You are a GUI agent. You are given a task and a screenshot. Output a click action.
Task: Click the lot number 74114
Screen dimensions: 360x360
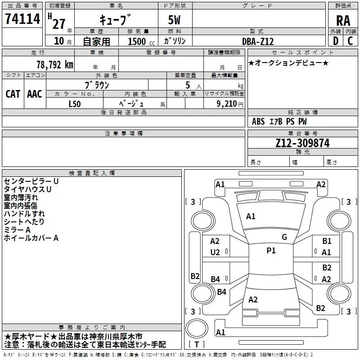pos(22,19)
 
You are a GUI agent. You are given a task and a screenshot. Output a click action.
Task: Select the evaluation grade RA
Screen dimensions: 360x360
pos(343,21)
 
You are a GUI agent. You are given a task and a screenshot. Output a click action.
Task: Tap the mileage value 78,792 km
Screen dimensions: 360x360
pos(55,65)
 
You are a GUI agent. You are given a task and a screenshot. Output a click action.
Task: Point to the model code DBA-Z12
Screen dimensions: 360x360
pos(258,41)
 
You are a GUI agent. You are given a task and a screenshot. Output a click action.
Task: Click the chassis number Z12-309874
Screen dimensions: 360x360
pos(302,143)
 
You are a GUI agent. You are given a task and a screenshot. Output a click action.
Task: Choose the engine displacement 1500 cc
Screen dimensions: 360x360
pos(141,41)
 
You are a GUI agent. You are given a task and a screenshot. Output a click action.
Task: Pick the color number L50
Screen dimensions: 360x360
pos(75,104)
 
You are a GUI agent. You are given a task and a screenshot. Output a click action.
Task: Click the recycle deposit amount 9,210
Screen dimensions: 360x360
pos(227,104)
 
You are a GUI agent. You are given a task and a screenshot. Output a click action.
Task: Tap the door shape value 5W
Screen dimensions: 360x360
pos(174,20)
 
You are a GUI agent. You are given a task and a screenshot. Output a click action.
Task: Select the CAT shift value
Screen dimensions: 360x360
pos(13,94)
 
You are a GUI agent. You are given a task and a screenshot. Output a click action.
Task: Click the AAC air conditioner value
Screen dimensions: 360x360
pos(35,94)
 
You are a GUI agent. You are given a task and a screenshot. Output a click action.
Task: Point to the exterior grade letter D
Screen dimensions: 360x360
pos(336,41)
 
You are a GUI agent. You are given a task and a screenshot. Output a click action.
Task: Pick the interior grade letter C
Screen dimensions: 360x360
pos(350,41)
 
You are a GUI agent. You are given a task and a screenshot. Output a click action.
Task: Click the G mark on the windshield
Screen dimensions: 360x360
pos(284,237)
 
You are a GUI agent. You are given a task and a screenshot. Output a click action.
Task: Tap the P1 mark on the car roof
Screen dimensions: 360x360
pos(271,251)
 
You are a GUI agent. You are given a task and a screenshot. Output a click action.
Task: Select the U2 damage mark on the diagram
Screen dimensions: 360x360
pos(215,252)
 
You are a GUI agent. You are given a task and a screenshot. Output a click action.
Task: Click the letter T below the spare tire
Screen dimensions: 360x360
pos(197,344)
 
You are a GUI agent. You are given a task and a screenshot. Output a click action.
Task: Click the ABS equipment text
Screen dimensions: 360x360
pos(258,121)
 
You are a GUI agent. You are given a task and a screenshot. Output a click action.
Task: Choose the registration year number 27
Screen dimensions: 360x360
pos(59,24)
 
